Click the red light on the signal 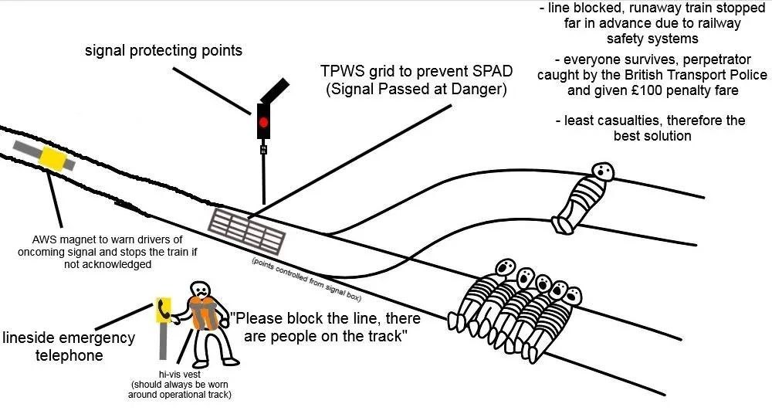[263, 122]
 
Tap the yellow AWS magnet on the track [53, 158]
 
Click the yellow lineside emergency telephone [163, 310]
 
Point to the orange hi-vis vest [202, 312]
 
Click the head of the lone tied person [602, 171]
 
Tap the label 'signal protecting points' [164, 51]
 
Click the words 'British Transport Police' [697, 75]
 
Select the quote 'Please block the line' [308, 318]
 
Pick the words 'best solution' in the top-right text [652, 136]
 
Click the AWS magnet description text [96, 252]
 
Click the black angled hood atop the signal [275, 90]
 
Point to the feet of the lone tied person [560, 225]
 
